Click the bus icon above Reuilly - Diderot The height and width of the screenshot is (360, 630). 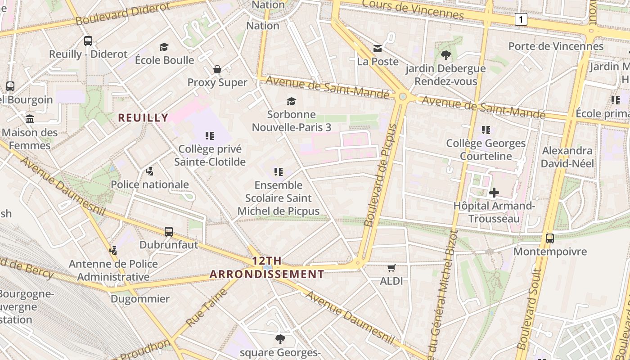click(88, 41)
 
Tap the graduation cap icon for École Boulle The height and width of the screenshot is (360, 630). click(164, 47)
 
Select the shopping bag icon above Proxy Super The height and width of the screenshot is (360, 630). click(217, 69)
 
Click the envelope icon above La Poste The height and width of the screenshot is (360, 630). click(377, 48)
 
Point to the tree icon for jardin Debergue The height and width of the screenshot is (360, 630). click(445, 55)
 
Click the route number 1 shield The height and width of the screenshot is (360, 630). click(521, 19)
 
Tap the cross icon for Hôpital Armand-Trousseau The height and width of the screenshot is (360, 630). click(494, 193)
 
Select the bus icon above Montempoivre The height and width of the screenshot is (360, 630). click(550, 238)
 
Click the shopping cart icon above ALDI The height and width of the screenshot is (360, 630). click(391, 268)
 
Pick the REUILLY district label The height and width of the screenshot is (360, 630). click(143, 118)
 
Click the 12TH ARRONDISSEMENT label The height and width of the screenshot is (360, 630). click(267, 267)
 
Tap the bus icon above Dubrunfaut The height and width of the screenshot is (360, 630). click(169, 232)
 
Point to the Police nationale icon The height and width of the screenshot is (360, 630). click(150, 171)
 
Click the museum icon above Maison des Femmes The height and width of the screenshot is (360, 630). click(30, 119)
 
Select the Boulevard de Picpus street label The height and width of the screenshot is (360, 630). click(381, 175)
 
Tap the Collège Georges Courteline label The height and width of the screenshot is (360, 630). click(486, 150)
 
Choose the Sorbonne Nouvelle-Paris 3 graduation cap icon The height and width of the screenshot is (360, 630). click(292, 101)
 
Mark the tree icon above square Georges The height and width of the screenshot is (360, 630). click(280, 339)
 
